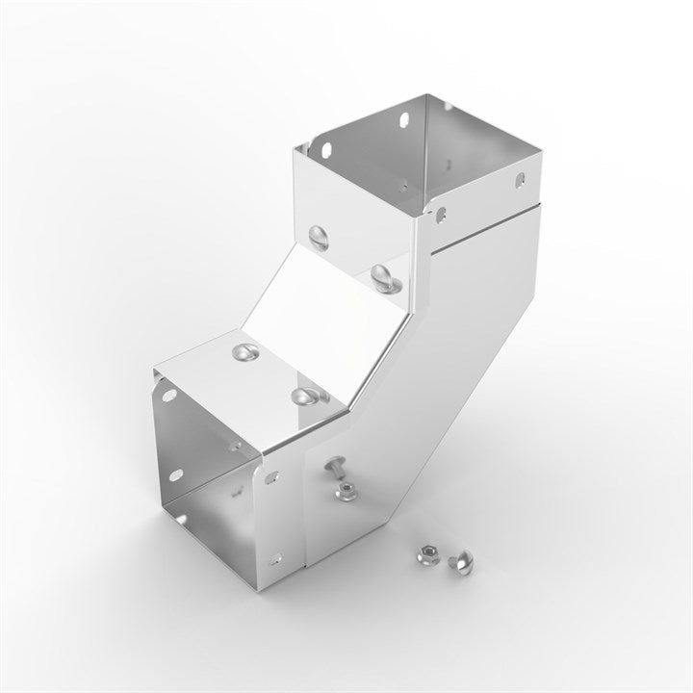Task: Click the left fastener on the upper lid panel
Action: click(319, 235)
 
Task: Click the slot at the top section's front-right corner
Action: click(442, 211)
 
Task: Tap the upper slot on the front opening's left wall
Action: click(170, 396)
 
